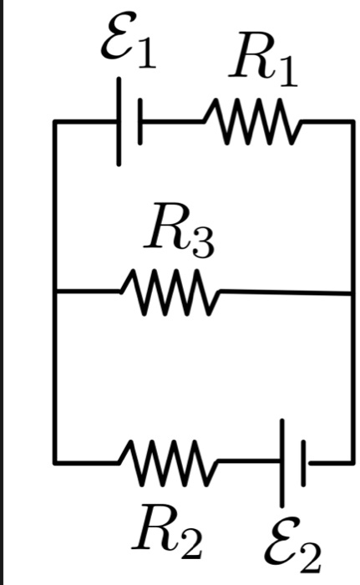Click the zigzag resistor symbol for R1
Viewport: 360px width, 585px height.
click(252, 121)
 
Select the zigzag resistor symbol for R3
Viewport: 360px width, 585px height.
click(170, 292)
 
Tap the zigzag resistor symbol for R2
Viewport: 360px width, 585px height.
click(168, 463)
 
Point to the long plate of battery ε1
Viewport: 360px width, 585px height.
click(119, 122)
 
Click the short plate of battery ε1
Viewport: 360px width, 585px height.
click(139, 122)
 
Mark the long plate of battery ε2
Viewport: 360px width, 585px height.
click(282, 463)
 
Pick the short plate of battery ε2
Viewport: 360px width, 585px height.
click(304, 463)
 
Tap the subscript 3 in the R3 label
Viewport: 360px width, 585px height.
click(204, 242)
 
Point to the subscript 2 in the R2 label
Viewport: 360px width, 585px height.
click(191, 543)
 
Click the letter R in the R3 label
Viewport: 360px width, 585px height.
click(168, 226)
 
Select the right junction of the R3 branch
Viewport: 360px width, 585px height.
click(352, 294)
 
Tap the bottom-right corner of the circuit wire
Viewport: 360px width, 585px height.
click(352, 463)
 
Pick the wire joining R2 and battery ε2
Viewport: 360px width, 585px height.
click(249, 462)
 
